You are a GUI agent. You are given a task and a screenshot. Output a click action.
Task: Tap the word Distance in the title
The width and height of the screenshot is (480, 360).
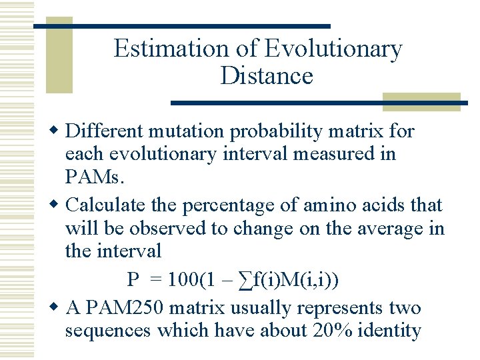(266, 75)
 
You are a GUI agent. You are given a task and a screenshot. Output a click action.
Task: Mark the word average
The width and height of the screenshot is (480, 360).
(393, 228)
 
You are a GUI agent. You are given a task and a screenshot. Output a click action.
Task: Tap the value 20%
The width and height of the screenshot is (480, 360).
(332, 331)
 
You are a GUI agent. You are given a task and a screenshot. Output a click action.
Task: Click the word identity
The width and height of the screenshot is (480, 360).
(391, 331)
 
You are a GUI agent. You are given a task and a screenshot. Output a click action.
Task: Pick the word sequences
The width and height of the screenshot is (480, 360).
(107, 331)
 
